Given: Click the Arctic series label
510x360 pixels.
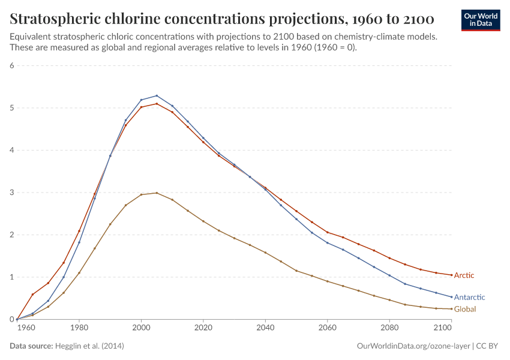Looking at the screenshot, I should (x=464, y=275).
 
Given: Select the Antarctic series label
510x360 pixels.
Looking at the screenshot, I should (x=469, y=297).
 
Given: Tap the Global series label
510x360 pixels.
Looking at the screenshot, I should (x=465, y=309).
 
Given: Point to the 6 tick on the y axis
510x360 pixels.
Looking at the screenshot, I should (x=11, y=65).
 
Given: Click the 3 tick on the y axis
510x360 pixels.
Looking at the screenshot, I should (x=11, y=193).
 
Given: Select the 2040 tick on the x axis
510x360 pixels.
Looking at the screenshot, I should (x=265, y=328).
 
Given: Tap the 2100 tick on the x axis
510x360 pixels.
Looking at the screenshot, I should (x=443, y=328).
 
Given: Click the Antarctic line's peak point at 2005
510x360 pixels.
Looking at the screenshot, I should (x=157, y=95).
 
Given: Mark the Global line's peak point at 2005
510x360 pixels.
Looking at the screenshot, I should (x=157, y=193).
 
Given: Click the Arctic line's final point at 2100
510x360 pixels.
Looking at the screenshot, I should (x=451, y=275).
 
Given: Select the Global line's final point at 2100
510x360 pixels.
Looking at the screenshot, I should (x=451, y=309).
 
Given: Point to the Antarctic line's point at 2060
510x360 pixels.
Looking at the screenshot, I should (x=327, y=242).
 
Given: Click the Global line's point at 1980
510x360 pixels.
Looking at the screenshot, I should (x=79, y=273).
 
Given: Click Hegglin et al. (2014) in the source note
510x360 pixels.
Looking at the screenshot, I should (x=89, y=346).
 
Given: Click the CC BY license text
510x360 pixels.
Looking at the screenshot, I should (x=488, y=346).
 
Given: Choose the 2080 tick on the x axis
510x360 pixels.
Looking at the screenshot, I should (x=389, y=328).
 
